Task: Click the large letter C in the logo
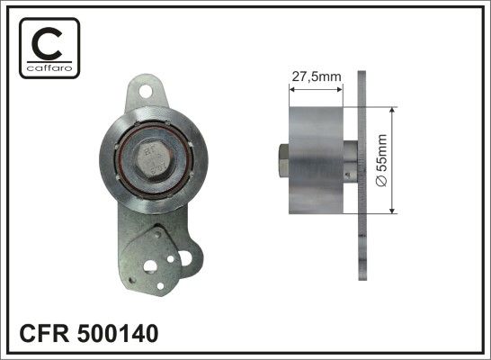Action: click(47, 43)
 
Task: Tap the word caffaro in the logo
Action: click(49, 67)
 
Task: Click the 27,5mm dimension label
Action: click(317, 76)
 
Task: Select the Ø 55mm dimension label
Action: click(381, 160)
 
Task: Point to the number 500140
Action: click(118, 333)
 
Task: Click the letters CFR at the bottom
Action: click(44, 333)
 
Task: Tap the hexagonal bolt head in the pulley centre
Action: click(155, 160)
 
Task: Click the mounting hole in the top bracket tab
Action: click(146, 91)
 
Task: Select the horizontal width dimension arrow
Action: click(316, 90)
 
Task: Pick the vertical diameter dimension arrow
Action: click(392, 160)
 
